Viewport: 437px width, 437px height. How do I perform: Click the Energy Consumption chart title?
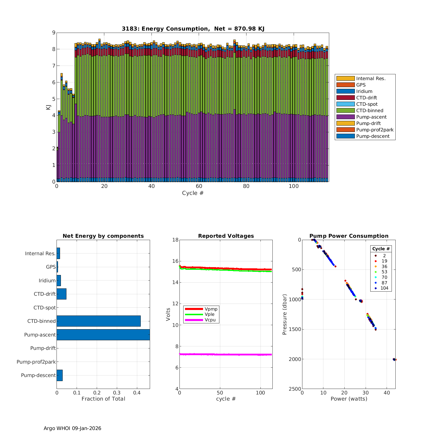(193, 29)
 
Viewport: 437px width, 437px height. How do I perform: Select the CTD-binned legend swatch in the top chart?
(346, 110)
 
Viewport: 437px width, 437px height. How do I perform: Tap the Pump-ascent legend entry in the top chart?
(371, 117)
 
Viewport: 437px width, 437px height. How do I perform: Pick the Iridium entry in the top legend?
(364, 91)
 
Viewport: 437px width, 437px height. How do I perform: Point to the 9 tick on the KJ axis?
(54, 33)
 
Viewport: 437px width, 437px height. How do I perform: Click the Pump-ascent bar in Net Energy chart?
(103, 335)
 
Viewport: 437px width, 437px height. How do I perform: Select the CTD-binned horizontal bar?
(98, 321)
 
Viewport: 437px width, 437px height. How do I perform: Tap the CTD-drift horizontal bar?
(61, 294)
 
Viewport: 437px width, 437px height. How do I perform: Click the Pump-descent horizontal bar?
(59, 375)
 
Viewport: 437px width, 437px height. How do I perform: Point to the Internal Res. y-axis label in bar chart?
(40, 253)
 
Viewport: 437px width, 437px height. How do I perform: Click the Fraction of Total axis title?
(103, 399)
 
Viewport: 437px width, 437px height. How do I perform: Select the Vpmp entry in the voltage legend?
(211, 309)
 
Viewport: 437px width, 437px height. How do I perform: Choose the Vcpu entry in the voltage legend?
(210, 320)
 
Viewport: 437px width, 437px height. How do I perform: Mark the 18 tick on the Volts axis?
(175, 240)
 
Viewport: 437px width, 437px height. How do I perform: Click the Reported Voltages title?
(226, 236)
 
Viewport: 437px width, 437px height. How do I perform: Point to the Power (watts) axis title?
(349, 399)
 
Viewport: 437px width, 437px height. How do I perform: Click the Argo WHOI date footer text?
(72, 428)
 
